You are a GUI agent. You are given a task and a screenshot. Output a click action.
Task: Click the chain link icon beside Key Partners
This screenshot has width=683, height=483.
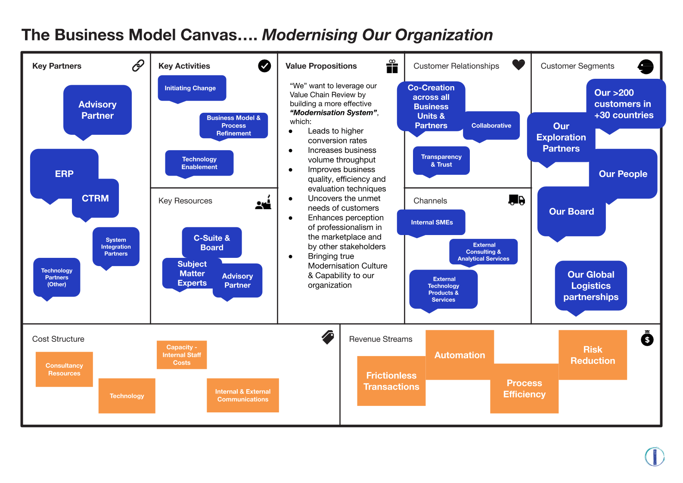pos(138,65)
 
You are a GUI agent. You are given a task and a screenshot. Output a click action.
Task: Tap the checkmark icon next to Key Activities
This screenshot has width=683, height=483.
pos(264,66)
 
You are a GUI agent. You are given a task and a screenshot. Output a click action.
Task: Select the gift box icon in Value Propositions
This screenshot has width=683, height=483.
pos(392,66)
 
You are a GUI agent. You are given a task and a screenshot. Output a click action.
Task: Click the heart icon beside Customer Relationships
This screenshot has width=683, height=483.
pos(518,65)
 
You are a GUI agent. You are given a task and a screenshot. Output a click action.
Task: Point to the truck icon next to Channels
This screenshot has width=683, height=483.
pos(516,200)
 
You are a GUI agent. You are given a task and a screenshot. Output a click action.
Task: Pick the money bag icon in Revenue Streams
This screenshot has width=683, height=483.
pos(647,338)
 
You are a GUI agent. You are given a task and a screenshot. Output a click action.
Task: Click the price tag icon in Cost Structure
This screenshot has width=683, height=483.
pos(328,337)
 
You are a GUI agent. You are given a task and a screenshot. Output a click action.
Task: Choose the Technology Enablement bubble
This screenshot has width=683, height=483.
pos(199,163)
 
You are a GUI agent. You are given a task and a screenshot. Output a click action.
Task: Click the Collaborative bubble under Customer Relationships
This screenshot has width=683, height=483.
pos(491,125)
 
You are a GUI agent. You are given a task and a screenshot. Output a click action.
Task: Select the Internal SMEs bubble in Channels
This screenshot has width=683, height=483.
pos(432,222)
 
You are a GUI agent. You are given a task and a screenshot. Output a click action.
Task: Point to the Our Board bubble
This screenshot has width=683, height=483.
pos(571,212)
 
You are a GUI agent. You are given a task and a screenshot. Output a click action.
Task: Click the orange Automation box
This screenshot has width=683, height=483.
pos(459,355)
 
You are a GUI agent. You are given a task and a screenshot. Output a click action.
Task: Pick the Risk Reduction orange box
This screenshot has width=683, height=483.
pos(593,355)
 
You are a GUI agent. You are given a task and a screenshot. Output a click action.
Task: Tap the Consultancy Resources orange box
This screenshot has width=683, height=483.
pos(64,369)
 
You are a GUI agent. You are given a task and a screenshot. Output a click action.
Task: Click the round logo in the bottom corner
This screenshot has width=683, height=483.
pos(654,456)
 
